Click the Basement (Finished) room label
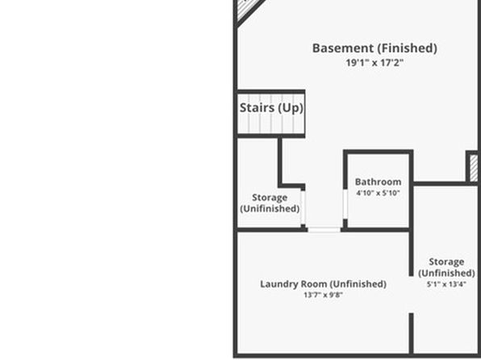pos(374,48)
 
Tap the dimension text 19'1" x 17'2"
pos(374,63)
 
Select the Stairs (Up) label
pos(271,108)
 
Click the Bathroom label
pos(378,182)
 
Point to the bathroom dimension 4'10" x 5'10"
pos(378,193)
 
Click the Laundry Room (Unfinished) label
pos(324,284)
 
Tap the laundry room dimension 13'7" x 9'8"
pos(324,295)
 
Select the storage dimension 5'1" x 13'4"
pos(446,284)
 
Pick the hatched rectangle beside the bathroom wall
pos(474,168)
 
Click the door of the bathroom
pos(345,204)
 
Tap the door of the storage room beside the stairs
pos(303,207)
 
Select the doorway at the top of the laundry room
pos(324,229)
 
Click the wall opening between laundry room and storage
pos(411,295)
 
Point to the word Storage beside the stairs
pos(270,198)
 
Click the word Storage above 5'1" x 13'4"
pos(446,262)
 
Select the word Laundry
pos(279,284)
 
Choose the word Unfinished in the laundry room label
pos(359,284)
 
